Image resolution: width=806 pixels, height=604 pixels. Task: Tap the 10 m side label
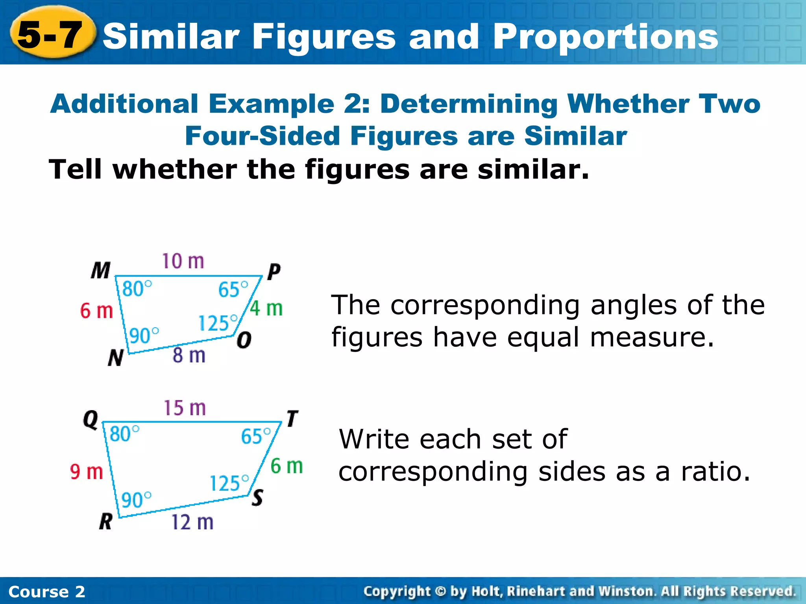click(x=183, y=261)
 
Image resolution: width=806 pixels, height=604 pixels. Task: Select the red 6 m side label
click(x=97, y=311)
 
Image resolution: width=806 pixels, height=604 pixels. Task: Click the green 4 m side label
click(x=266, y=308)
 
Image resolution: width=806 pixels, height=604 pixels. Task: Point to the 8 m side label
click(x=189, y=355)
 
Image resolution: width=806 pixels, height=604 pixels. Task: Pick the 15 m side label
click(x=185, y=408)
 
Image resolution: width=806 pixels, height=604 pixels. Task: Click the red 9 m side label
click(x=87, y=471)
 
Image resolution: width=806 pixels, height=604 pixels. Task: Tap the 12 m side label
click(x=192, y=523)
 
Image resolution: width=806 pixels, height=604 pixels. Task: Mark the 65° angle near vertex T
click(x=256, y=436)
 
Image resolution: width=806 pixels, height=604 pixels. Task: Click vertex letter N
click(x=115, y=358)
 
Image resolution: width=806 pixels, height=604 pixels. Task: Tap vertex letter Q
click(x=91, y=420)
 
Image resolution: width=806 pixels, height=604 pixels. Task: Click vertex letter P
click(x=274, y=272)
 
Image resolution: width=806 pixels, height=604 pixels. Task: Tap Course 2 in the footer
click(x=46, y=592)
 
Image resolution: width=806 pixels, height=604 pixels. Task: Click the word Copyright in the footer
click(x=397, y=591)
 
